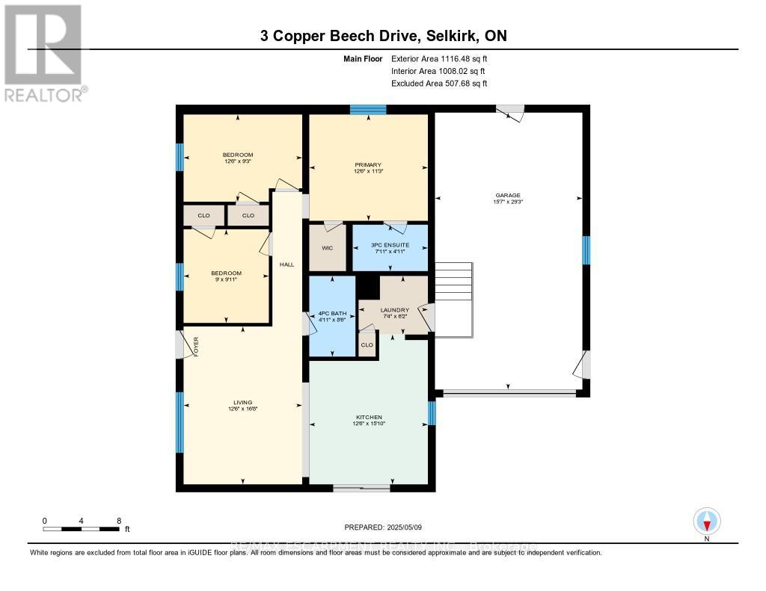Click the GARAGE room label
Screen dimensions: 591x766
tap(508, 195)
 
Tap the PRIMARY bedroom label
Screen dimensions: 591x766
tap(368, 165)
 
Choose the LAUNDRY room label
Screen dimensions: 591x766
tap(394, 309)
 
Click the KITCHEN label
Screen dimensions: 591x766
tap(369, 417)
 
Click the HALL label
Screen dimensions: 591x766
tap(287, 264)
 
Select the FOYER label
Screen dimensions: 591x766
tap(195, 347)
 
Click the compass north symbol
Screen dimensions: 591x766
tap(706, 520)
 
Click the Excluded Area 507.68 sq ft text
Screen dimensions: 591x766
tap(439, 84)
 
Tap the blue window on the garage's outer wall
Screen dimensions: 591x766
tap(586, 250)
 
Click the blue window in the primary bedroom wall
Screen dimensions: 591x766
tap(368, 110)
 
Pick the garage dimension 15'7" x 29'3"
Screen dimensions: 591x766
tap(508, 202)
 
